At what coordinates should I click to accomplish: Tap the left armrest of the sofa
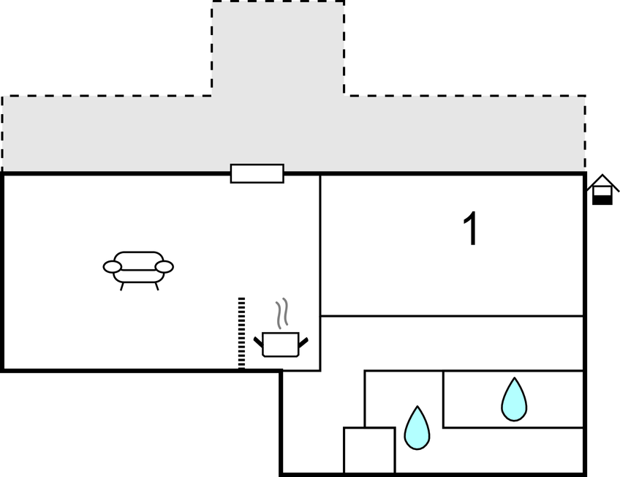[112, 267]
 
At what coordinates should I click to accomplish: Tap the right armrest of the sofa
[165, 267]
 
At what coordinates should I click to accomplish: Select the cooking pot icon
[281, 344]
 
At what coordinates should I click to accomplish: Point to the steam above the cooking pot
[281, 313]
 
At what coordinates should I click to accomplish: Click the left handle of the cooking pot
[258, 340]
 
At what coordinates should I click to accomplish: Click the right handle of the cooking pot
[303, 340]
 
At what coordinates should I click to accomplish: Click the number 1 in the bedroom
[472, 229]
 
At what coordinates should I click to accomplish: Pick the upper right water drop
[514, 399]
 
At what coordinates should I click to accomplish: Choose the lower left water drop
[417, 428]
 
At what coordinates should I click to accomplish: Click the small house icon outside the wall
[602, 190]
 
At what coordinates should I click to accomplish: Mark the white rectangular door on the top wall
[257, 173]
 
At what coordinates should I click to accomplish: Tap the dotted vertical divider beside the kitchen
[241, 333]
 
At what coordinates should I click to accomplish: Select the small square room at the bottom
[369, 450]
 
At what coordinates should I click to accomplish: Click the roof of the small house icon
[602, 180]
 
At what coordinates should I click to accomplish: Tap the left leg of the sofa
[122, 286]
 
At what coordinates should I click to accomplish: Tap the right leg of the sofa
[156, 286]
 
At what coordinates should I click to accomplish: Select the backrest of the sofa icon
[138, 258]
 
